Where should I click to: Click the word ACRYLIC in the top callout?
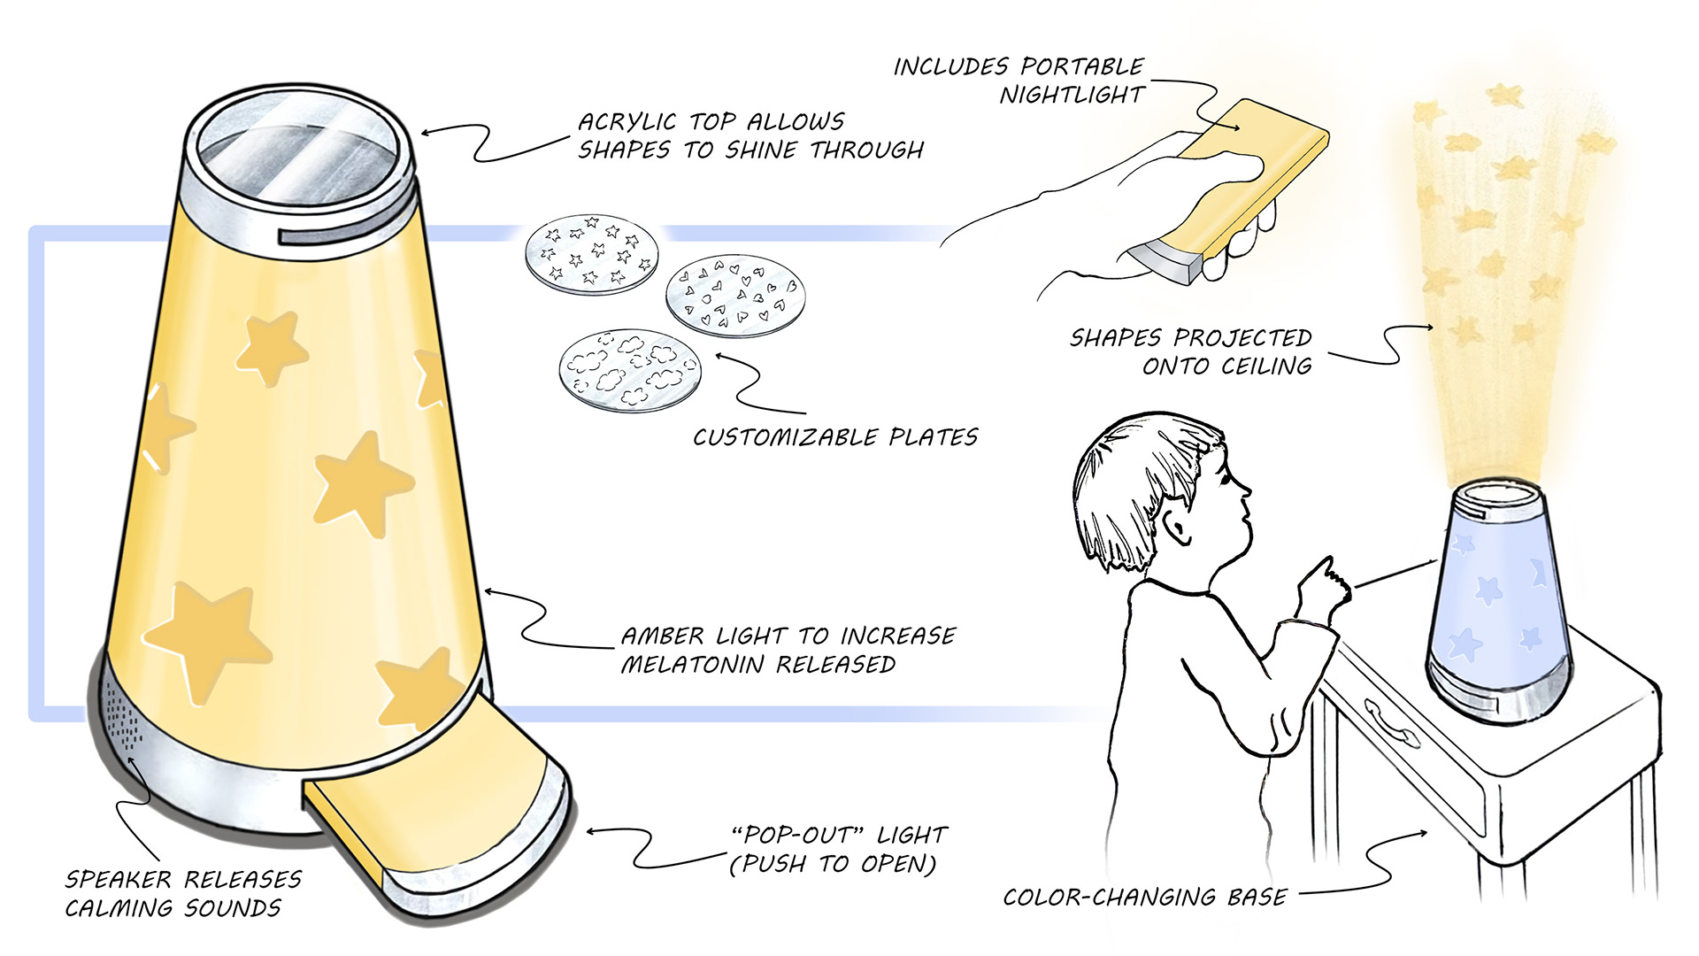627,122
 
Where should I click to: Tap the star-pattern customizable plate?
591,252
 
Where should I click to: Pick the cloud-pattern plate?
629,370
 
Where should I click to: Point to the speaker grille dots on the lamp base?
124,721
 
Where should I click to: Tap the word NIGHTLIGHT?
1072,96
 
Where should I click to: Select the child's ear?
1178,528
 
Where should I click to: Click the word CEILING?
1267,366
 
